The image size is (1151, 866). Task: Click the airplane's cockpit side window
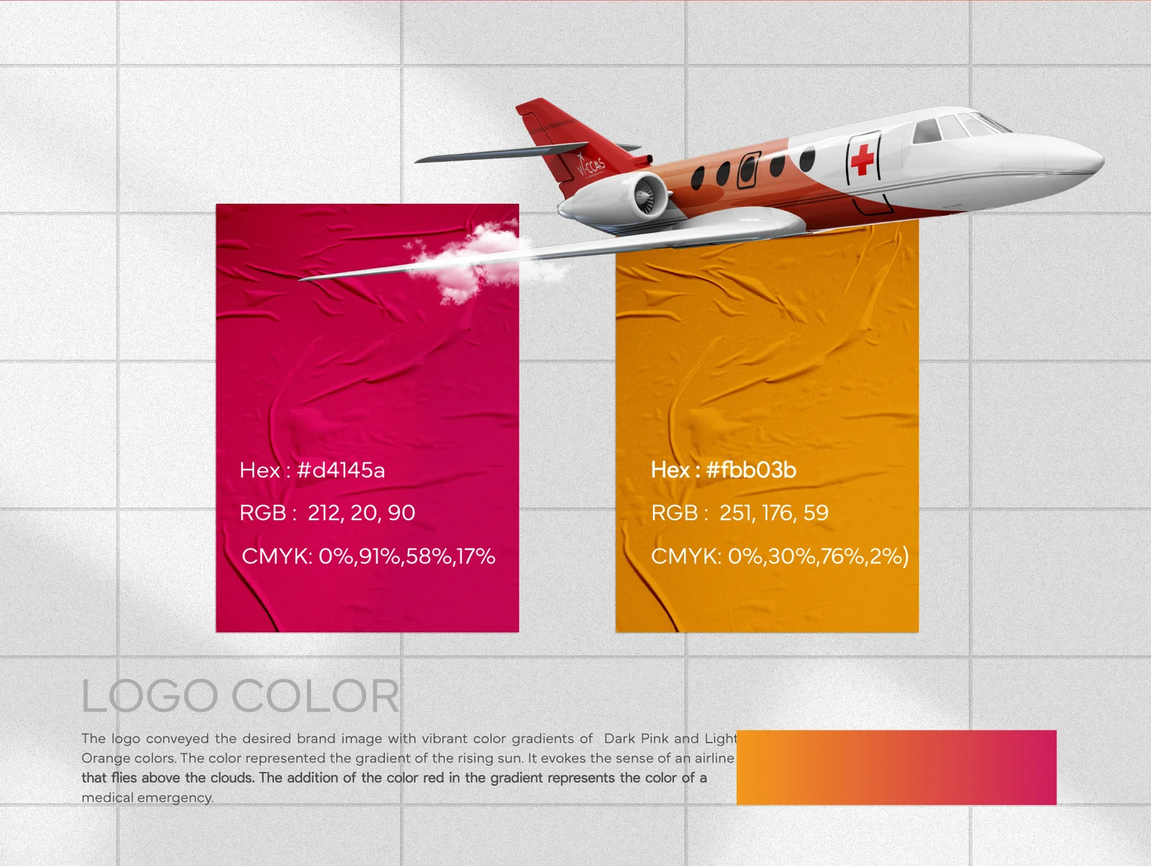(927, 131)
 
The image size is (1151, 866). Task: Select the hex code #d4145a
(341, 470)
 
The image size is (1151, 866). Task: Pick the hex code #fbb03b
(751, 470)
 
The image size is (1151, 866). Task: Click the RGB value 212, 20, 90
(361, 513)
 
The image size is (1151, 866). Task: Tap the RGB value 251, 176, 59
(774, 513)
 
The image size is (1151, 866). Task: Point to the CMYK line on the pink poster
(368, 556)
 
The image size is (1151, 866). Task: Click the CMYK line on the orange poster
(780, 556)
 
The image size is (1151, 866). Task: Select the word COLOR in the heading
(315, 696)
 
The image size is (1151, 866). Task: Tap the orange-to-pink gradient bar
(896, 767)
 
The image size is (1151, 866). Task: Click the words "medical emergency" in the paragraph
(147, 798)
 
